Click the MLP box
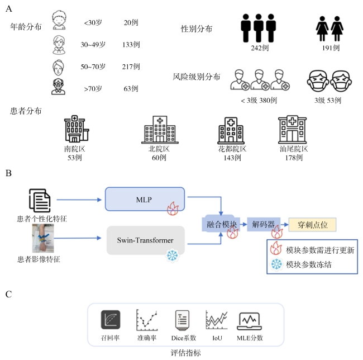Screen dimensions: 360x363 (145, 199)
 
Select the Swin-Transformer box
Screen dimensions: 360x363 (145, 241)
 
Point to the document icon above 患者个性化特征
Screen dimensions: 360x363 (39, 200)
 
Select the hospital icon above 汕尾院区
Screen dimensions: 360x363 (292, 130)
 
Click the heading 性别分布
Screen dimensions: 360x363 (197, 29)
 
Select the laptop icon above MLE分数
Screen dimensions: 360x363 (249, 320)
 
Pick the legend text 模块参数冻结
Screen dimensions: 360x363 (309, 264)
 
